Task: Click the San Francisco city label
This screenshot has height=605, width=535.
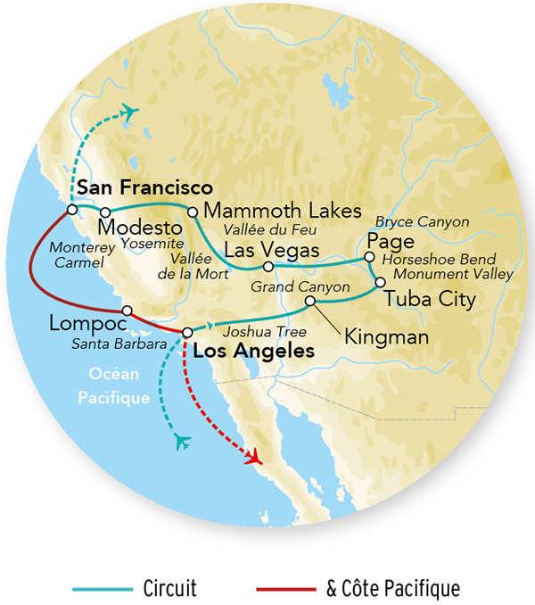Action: click(x=144, y=188)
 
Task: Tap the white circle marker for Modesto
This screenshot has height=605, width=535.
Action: click(x=104, y=212)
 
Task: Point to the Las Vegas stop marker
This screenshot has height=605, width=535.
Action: click(x=267, y=266)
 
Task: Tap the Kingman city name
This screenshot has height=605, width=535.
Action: click(x=387, y=337)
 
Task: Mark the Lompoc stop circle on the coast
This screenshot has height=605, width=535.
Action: click(x=127, y=311)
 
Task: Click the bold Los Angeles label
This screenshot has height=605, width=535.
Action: click(x=253, y=352)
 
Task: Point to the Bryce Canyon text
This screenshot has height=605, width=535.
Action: click(x=416, y=220)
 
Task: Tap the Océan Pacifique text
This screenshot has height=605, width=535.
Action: click(x=119, y=385)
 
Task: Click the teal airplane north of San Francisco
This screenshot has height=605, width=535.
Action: click(x=131, y=112)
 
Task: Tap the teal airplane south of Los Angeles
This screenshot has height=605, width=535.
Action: click(x=184, y=441)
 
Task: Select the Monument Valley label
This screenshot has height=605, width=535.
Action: click(x=453, y=275)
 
